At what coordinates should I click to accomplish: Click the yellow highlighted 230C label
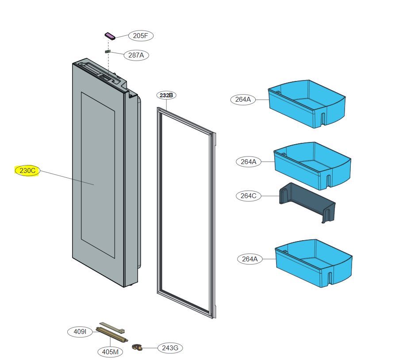tap(27, 170)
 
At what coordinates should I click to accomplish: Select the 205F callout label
tap(141, 36)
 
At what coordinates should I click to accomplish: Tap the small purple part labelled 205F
tap(109, 36)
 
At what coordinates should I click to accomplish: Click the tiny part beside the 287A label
tap(107, 52)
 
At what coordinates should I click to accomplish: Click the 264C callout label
tap(249, 195)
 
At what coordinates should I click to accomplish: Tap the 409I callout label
tap(80, 331)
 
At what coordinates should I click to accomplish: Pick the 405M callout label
tap(110, 352)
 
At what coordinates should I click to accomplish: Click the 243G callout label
tap(170, 348)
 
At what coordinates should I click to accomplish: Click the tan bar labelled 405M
tap(112, 335)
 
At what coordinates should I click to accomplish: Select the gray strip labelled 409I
tap(112, 327)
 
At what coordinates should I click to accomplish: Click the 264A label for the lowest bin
tap(249, 259)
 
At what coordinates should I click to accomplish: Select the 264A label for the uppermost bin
tap(243, 100)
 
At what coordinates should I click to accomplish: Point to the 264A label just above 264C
tap(249, 162)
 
